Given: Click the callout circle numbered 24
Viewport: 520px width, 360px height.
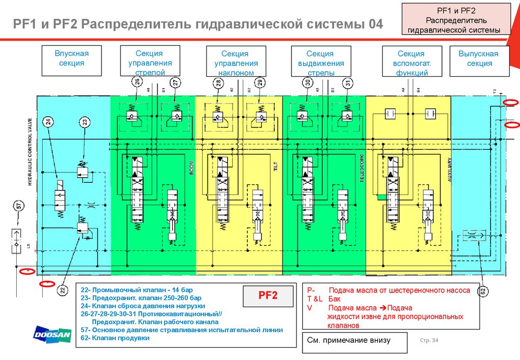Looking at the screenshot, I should (48, 121).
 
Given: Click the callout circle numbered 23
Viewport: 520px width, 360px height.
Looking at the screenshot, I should (85, 121).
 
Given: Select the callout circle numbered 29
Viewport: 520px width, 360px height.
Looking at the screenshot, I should (259, 83).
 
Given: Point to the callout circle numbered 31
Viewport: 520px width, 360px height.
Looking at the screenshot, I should (347, 83).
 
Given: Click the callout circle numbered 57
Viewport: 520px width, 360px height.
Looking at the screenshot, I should (19, 206).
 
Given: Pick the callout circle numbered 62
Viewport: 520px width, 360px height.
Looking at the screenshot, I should (482, 291).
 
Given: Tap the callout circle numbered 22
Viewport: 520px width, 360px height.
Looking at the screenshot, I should (62, 290).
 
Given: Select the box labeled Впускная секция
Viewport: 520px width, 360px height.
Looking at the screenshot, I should (72, 58).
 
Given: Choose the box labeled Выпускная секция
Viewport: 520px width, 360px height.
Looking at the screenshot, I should (478, 58).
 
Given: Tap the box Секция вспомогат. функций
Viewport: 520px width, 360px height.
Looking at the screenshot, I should (411, 62).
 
